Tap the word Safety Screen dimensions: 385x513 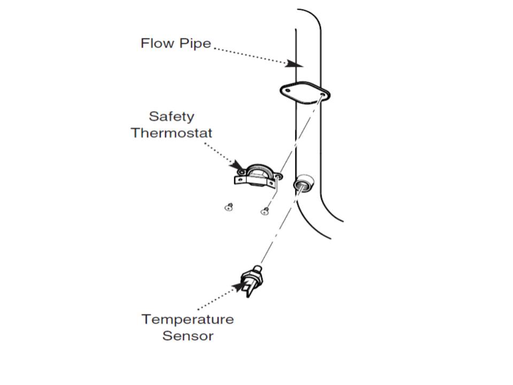point(171,116)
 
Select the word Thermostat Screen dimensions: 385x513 point(172,133)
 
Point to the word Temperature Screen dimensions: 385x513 point(188,319)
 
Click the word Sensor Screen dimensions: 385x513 point(188,336)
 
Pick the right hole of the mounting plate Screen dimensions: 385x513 point(321,95)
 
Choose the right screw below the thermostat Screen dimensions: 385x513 point(263,212)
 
